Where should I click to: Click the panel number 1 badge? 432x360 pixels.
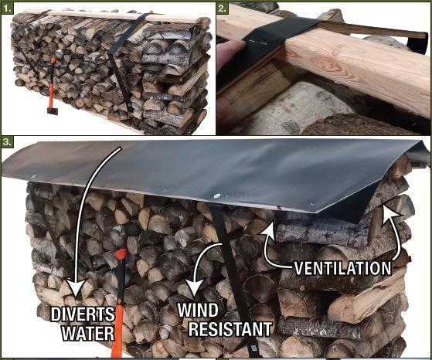7,8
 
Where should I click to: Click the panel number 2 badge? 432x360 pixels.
222,8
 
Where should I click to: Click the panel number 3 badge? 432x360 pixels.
7,141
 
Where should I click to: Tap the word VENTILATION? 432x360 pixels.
342,268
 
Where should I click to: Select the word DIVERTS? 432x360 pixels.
83,314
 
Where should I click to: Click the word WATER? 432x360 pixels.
88,333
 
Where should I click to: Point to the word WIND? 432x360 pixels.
198,310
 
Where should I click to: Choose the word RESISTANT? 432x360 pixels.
230,328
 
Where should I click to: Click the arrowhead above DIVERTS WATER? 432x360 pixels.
75,289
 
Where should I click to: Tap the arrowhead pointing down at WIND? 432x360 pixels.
195,288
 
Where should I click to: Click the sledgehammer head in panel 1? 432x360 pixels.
53,111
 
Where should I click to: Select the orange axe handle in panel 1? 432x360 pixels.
53,83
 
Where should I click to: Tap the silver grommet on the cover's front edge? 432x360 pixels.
217,196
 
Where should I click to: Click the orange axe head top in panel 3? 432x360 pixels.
121,253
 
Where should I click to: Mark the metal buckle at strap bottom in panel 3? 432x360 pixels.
253,348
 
